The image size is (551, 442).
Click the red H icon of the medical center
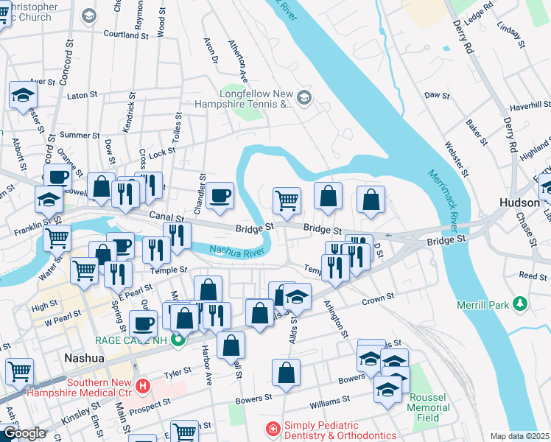coord(143,385)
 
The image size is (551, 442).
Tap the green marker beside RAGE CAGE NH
coord(177,340)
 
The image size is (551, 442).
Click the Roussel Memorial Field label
coord(428,407)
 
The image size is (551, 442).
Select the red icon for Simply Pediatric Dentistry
coord(273,428)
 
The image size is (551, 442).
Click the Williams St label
coord(329,402)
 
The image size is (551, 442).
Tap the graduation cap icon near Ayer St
coord(23,96)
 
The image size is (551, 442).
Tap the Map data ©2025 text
coord(519,436)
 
